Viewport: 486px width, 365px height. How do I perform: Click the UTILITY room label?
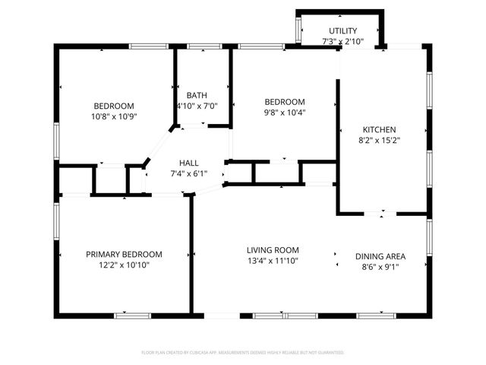tap(342, 30)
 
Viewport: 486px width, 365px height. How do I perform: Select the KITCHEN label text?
tap(379, 129)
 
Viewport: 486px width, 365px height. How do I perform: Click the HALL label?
tap(189, 163)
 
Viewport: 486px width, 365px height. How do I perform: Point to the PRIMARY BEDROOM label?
tap(124, 254)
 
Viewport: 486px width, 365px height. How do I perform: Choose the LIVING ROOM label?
tap(273, 249)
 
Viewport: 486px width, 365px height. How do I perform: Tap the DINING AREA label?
tap(380, 256)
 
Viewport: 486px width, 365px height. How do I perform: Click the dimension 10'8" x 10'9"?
tap(114, 116)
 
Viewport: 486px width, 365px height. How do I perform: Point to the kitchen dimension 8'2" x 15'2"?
tap(379, 140)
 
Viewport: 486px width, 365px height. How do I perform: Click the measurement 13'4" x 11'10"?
tap(273, 261)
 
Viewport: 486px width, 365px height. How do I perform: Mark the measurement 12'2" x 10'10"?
tap(124, 265)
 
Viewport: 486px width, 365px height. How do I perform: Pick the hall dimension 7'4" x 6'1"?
tap(189, 173)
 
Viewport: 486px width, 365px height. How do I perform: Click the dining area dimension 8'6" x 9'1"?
tap(380, 267)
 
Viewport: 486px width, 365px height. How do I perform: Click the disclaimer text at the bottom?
tap(243, 353)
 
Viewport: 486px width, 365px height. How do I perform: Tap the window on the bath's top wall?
tap(200, 47)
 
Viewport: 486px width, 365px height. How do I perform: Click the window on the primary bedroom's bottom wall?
tap(127, 315)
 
